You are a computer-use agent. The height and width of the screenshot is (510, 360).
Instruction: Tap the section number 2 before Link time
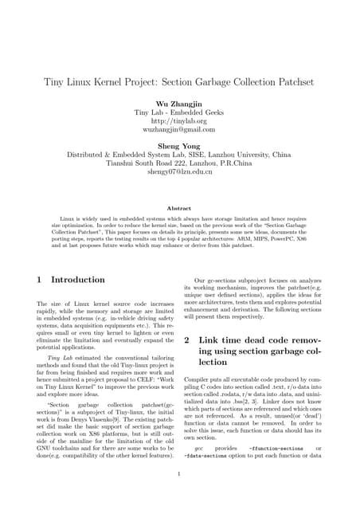(187, 339)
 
